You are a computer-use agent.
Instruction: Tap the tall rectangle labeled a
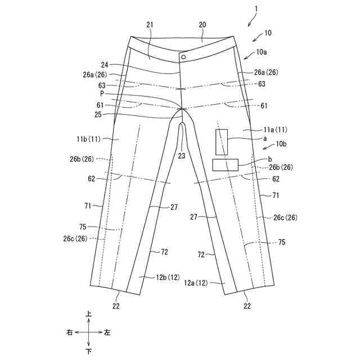(222, 142)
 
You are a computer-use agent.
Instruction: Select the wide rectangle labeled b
(226, 165)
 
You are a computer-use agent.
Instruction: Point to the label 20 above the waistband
(202, 25)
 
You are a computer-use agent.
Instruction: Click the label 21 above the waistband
(150, 25)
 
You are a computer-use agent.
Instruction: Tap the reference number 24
(105, 65)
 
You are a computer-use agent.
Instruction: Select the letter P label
(102, 93)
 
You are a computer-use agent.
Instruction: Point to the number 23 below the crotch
(182, 156)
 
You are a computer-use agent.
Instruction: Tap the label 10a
(262, 52)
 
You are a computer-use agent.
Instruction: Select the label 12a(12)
(196, 283)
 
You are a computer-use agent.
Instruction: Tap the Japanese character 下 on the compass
(88, 352)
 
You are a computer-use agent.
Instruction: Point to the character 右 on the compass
(70, 333)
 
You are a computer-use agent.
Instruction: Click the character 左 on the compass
(107, 333)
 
